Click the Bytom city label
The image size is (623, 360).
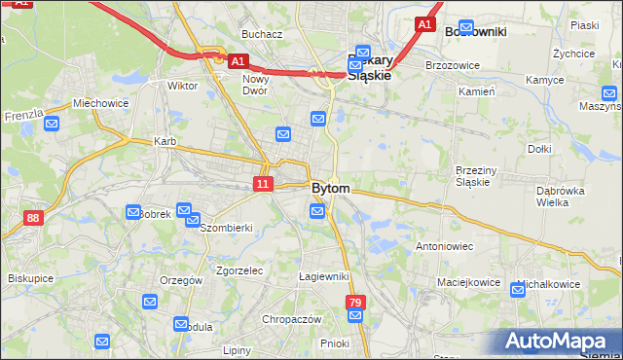pyautogui.click(x=331, y=187)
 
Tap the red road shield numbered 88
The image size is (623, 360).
pyautogui.click(x=34, y=218)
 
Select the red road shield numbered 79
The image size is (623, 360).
pyautogui.click(x=355, y=304)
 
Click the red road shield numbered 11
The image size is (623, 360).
pyautogui.click(x=263, y=183)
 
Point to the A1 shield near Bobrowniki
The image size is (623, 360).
pyautogui.click(x=424, y=23)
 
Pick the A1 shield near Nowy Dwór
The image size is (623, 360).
pyautogui.click(x=238, y=60)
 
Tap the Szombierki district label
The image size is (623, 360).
pyautogui.click(x=226, y=228)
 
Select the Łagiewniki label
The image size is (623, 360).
pyautogui.click(x=323, y=276)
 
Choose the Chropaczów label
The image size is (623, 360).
pyautogui.click(x=291, y=319)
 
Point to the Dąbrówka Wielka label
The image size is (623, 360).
pyautogui.click(x=559, y=197)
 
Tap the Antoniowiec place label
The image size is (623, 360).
pyautogui.click(x=444, y=246)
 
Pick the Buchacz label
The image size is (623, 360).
pyautogui.click(x=263, y=34)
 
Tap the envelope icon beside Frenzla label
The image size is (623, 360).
pyautogui.click(x=52, y=124)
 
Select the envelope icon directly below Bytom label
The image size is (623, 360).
pyautogui.click(x=317, y=211)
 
